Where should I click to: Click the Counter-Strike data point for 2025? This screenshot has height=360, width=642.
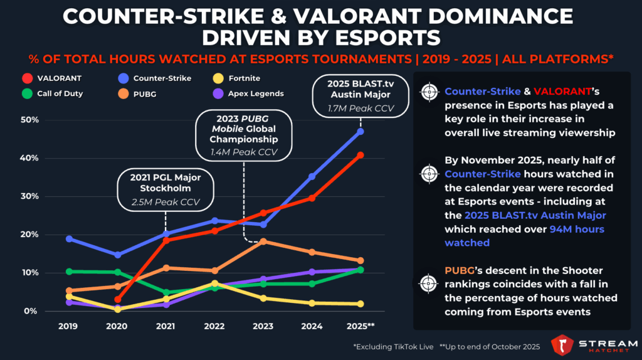point(360,132)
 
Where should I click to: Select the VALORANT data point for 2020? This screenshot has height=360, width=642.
point(117,300)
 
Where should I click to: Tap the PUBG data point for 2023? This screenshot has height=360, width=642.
point(263,241)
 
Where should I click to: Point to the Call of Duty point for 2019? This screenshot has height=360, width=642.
point(69,272)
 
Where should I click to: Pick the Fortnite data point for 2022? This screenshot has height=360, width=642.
point(214,283)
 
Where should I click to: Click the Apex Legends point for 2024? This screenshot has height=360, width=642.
point(312,272)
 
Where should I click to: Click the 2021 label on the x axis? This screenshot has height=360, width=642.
point(166,327)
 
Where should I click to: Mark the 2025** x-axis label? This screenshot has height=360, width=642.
point(362,327)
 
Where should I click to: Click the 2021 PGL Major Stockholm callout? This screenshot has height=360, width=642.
point(166,188)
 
